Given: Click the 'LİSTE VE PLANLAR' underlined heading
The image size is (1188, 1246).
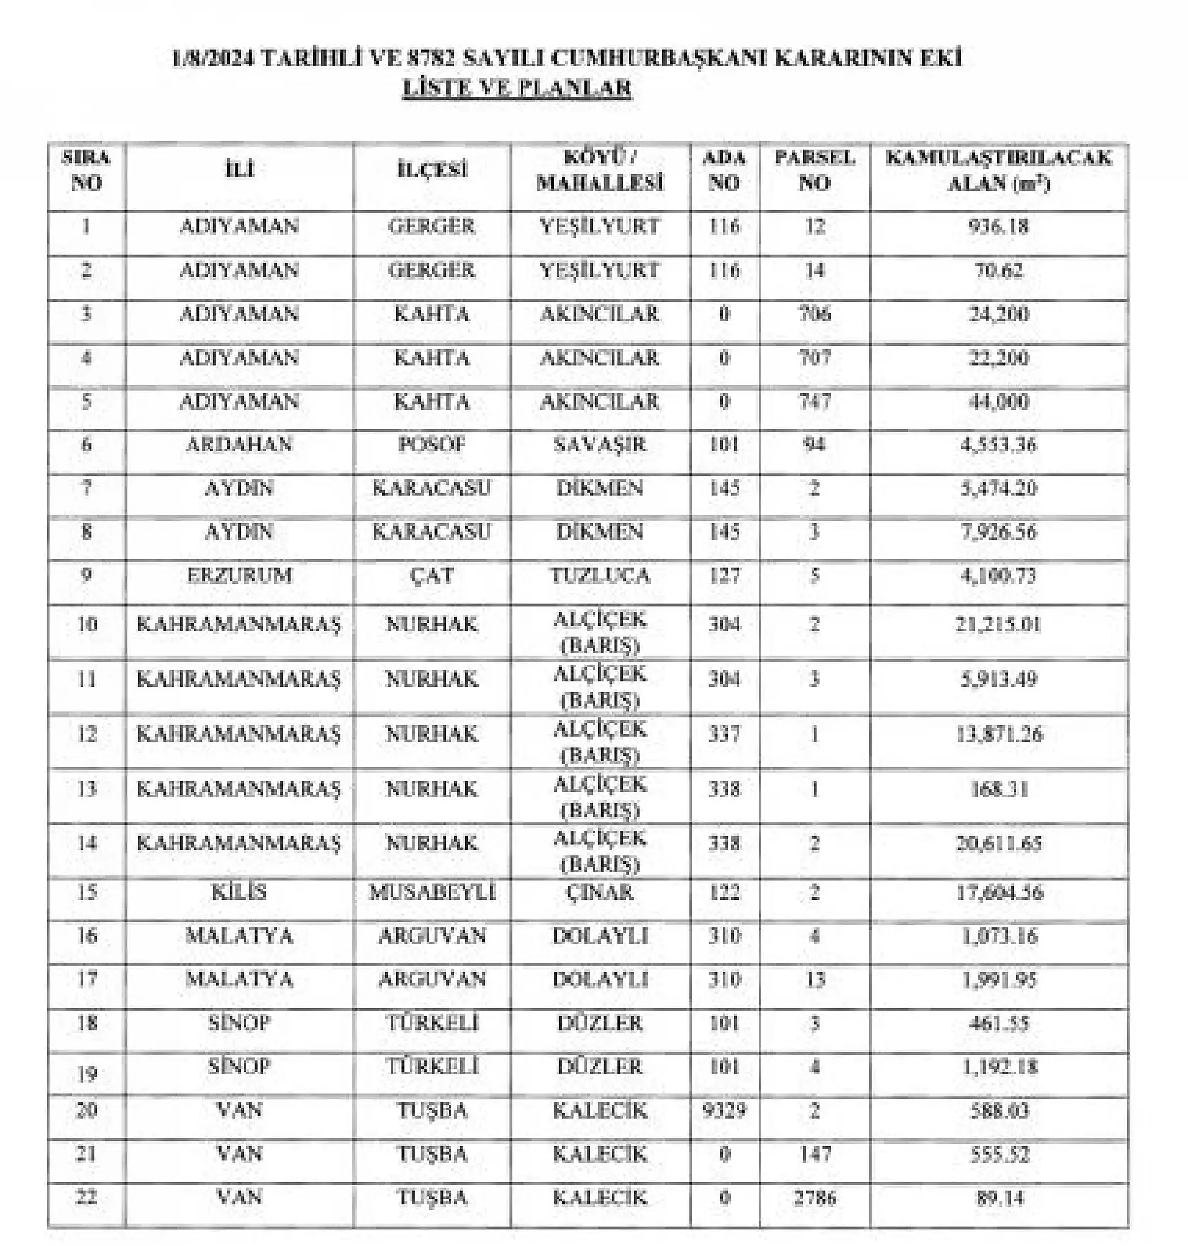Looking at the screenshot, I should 516,88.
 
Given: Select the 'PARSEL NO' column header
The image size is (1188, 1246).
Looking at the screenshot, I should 814,170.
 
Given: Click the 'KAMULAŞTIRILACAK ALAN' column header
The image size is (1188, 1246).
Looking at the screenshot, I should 999,170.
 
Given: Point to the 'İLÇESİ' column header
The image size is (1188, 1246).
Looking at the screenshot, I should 432,170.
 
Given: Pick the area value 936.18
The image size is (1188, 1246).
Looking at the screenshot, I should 999,227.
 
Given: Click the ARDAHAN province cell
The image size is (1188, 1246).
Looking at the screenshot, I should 239,445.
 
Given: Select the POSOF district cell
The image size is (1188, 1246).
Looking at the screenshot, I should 432,445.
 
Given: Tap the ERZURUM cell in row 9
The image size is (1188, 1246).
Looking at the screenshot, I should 239,576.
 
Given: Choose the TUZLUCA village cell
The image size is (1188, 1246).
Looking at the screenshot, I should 600,576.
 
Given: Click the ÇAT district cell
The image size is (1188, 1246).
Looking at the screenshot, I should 432,576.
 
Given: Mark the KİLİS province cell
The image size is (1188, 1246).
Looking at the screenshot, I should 239,892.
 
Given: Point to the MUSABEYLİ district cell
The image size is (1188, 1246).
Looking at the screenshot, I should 432,892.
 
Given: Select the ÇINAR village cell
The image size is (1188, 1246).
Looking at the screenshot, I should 600,892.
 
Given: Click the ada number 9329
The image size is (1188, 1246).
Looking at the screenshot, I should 724,1110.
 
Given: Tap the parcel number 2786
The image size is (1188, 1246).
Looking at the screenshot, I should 814,1198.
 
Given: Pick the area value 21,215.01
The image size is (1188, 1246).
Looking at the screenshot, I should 999,624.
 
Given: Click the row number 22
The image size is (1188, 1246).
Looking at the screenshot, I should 86,1198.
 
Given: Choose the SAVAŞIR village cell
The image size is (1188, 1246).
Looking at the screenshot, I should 600,445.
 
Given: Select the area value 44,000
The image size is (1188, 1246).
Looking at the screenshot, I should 999,401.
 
